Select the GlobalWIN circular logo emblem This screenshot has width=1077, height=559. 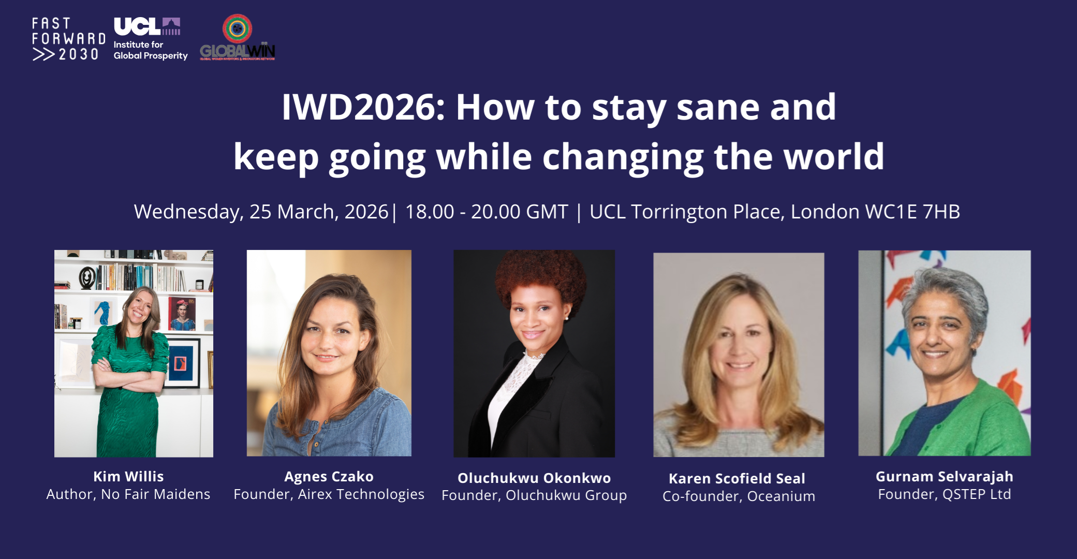[237, 28]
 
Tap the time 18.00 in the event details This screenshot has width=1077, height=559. [429, 212]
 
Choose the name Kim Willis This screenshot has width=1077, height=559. [128, 476]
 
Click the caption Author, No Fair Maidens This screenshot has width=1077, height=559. [128, 494]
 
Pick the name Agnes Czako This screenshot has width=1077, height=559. [329, 476]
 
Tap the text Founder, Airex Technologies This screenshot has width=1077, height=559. [329, 494]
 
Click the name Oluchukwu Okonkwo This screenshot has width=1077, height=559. [534, 478]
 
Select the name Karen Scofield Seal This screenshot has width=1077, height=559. [737, 478]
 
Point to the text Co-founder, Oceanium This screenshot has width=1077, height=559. [739, 496]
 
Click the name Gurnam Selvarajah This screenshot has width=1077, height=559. [944, 476]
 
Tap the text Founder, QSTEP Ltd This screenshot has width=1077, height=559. [944, 494]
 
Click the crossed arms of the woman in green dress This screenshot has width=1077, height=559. [129, 378]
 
